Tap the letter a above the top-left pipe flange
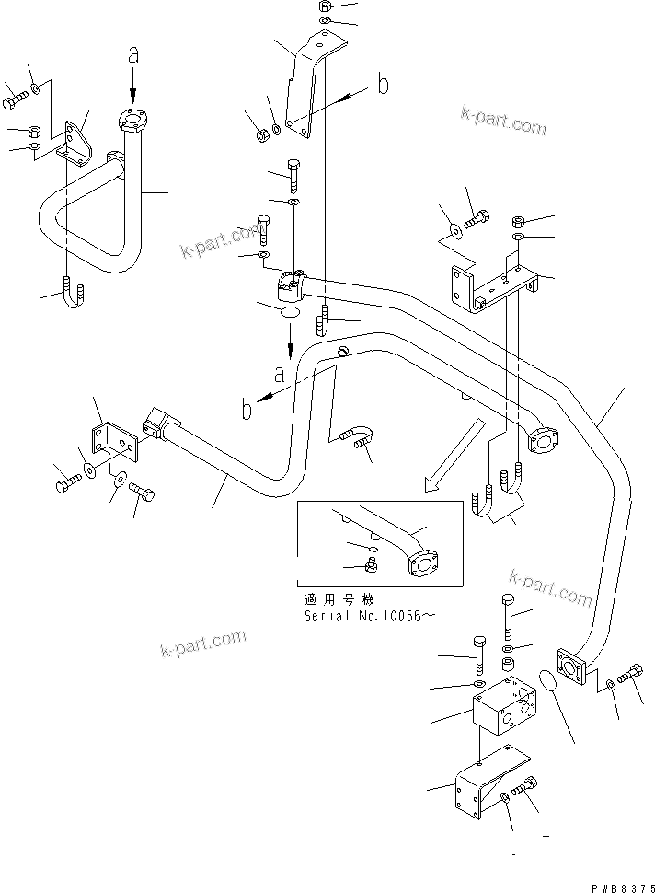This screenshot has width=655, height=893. (x=134, y=56)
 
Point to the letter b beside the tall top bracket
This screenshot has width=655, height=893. (x=382, y=86)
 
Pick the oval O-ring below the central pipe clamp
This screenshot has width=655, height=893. (x=289, y=313)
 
